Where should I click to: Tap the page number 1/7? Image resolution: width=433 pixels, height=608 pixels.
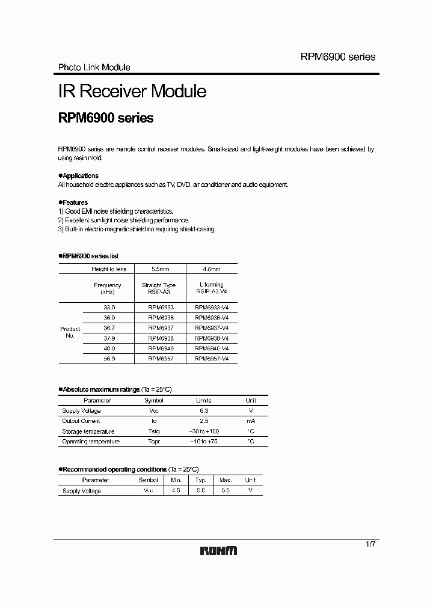pos(370,544)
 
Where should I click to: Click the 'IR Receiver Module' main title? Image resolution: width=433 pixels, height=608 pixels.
pos(132,91)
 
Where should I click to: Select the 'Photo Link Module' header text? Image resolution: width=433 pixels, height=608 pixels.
pos(94,67)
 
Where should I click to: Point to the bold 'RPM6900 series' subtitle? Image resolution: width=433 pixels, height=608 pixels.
pos(106,118)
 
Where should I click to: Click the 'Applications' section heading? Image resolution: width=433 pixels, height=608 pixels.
pos(79,175)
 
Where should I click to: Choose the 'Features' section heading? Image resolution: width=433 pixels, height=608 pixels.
pos(74,202)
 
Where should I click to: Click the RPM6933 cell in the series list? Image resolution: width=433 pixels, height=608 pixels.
pos(161,307)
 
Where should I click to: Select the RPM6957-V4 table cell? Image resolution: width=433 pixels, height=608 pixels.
pos(212,358)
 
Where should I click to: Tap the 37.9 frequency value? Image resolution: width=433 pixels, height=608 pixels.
pos(108,338)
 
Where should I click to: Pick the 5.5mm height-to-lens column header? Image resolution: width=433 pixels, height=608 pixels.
pos(161,269)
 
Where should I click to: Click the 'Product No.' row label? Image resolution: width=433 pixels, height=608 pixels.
pos(70,332)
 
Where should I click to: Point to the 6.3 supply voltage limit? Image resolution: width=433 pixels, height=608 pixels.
pos(203,411)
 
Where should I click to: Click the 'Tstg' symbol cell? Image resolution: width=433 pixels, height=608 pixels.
pos(154,431)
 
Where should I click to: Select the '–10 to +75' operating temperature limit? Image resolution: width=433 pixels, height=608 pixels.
pos(203,442)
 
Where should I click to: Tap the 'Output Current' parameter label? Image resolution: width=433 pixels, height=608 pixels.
pos(81,421)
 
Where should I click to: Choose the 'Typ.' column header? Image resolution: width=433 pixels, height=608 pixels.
pos(201,480)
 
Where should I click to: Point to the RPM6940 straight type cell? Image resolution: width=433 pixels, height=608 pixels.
pos(161,348)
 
